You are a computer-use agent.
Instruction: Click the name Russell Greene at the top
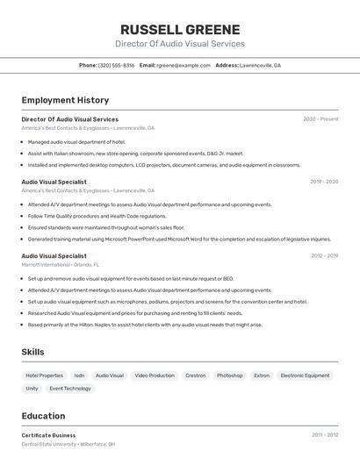[x=179, y=29]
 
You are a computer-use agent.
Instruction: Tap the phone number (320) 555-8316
[x=116, y=65]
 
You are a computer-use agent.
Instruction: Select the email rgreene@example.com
[x=184, y=65]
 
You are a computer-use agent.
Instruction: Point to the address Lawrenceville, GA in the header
[x=260, y=65]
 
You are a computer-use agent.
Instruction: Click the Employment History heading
[x=65, y=100]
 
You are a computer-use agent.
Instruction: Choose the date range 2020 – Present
[x=320, y=119]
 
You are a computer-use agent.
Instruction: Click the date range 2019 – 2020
[x=324, y=182]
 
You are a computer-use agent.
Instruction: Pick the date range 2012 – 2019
[x=324, y=256]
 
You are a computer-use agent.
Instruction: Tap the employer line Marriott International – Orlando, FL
[x=60, y=264]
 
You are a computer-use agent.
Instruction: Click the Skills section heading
[x=32, y=352]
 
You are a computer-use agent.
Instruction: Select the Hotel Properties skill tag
[x=44, y=376]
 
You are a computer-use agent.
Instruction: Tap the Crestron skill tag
[x=195, y=376]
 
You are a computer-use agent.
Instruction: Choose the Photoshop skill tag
[x=230, y=376]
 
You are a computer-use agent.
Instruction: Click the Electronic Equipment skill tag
[x=305, y=376]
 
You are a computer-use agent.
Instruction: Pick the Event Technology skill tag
[x=70, y=388]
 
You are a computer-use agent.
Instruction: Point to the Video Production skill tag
[x=155, y=376]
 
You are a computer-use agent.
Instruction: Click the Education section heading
[x=43, y=416]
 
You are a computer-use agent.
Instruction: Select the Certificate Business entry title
[x=48, y=435]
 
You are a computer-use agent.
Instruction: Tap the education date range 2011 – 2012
[x=324, y=435]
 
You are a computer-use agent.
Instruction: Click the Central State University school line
[x=68, y=444]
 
